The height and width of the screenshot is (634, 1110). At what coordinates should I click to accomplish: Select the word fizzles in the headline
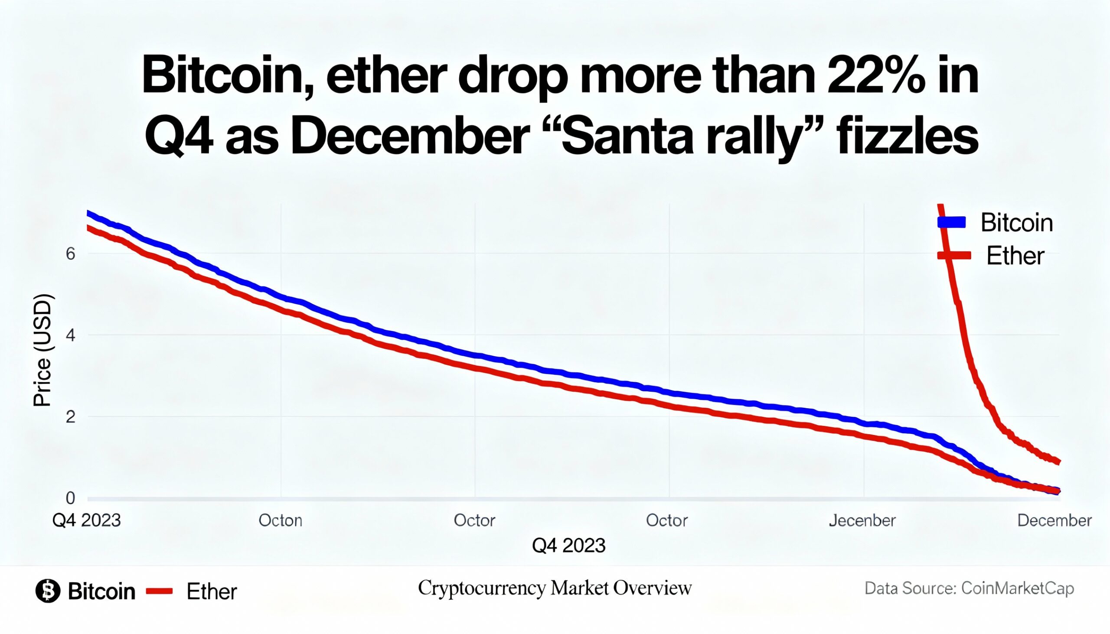point(907,138)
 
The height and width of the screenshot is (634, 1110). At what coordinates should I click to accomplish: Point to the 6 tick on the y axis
point(70,254)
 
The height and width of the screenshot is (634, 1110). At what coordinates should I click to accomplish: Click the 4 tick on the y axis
point(70,335)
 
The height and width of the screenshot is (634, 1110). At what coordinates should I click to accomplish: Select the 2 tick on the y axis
point(70,417)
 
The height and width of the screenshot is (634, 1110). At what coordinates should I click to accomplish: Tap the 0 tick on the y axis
point(70,497)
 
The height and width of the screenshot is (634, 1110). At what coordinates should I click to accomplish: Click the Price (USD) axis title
point(42,351)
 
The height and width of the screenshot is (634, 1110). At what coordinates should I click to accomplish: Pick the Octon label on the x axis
point(280,520)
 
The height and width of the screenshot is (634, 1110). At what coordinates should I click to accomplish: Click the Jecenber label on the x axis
point(862,520)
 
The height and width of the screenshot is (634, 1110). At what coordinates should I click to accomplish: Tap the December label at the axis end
point(1054,520)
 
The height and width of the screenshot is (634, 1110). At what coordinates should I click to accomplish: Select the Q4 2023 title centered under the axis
point(568,545)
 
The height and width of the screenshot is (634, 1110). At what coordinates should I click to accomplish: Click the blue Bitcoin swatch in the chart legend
point(951,222)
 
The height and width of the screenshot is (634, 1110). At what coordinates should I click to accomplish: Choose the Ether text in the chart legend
point(1015,256)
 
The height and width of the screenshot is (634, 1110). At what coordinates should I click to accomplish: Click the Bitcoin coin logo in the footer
point(48,591)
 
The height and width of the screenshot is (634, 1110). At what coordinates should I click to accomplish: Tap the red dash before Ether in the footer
point(160,591)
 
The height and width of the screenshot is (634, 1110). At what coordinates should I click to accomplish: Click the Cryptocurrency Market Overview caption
point(555,588)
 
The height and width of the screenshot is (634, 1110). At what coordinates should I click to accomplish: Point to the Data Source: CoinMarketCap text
point(969,588)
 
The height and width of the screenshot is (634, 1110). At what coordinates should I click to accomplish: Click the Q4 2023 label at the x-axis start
point(86,520)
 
